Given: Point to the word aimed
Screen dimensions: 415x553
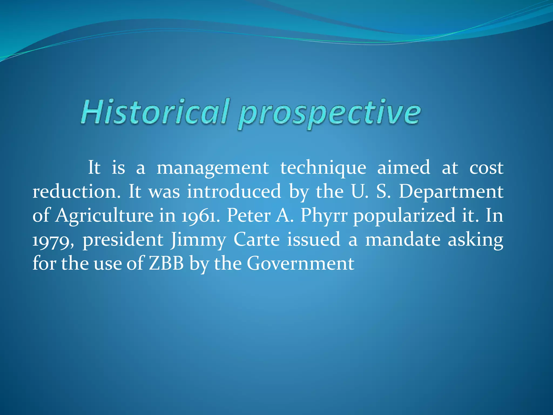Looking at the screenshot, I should pos(403,168).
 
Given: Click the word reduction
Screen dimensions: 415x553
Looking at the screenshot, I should pos(76,192).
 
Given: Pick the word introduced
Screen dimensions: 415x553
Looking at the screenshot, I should pos(234,192).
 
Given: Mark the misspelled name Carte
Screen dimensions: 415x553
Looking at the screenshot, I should pos(256,239).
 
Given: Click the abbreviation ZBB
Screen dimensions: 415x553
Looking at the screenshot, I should pos(166,263).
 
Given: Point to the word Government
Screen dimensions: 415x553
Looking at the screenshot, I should pos(300,263).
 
